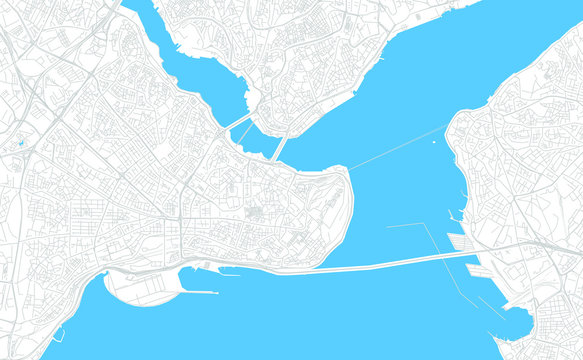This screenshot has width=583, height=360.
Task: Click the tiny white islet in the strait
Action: coord(433,141)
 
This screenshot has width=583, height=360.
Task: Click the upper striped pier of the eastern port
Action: coord(462,240)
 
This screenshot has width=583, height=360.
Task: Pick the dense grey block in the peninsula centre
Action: coord(254,211)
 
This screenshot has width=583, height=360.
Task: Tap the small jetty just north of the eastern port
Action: coord(455,216)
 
